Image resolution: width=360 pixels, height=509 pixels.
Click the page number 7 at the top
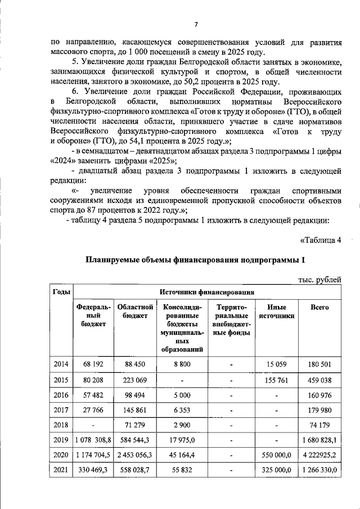pyautogui.click(x=196, y=24)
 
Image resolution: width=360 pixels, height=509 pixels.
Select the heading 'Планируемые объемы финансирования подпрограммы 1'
pyautogui.click(x=195, y=260)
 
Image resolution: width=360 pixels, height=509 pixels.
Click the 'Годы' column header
pyautogui.click(x=61, y=292)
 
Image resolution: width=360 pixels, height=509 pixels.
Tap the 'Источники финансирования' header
pyautogui.click(x=207, y=292)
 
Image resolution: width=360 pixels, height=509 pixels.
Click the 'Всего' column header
pyautogui.click(x=319, y=308)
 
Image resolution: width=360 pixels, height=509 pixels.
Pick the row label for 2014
pyautogui.click(x=61, y=364)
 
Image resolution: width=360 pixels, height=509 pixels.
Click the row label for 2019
pyautogui.click(x=61, y=440)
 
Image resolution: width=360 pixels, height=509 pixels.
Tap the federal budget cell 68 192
pyautogui.click(x=93, y=364)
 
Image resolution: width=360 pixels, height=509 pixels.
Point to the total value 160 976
pyautogui.click(x=319, y=395)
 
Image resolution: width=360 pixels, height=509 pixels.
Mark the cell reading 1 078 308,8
pyautogui.click(x=93, y=440)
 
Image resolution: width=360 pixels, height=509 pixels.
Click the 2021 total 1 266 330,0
pyautogui.click(x=319, y=470)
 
